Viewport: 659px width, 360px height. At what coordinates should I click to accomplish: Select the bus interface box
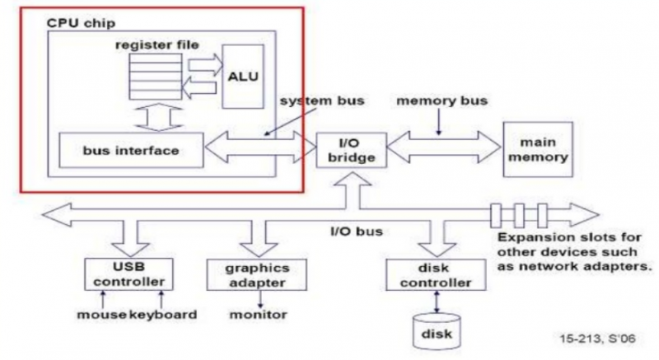coord(131,152)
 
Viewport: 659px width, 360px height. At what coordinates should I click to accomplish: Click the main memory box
coord(536,150)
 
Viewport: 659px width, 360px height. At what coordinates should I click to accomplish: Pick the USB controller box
coord(129,273)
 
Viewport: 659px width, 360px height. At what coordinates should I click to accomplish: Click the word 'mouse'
coord(100,314)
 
